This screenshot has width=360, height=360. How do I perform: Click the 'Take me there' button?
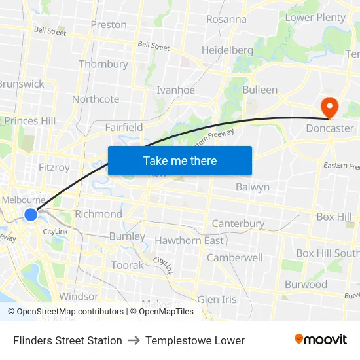180,160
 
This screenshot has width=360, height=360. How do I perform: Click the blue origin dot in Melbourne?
31,214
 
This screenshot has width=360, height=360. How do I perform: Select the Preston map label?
109,24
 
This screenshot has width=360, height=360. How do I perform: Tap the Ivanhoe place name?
175,90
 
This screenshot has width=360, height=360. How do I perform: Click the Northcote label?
96,99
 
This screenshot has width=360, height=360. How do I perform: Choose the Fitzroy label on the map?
54,167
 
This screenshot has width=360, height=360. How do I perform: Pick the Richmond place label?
98,214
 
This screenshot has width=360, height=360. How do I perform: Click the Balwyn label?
253,187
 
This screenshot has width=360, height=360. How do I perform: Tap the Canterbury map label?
238,223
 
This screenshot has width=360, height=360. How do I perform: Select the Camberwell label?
235,257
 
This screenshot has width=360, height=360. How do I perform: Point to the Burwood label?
306,284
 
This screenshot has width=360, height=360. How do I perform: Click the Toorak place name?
127,265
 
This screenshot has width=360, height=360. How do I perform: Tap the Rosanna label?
226,19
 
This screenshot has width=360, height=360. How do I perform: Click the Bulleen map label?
260,90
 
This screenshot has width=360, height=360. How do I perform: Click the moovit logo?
321,339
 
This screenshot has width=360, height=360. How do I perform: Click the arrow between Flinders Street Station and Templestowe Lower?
134,340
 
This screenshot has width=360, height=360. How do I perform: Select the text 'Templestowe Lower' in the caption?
195,340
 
